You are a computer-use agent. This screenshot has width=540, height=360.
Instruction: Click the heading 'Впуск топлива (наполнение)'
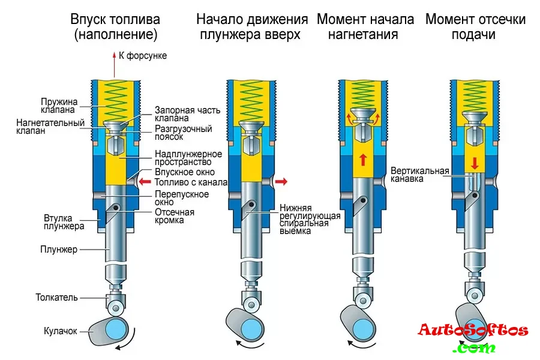point(116,27)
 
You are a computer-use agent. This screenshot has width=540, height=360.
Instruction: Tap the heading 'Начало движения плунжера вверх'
point(252,27)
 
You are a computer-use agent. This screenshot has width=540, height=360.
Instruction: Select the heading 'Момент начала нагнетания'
point(365,27)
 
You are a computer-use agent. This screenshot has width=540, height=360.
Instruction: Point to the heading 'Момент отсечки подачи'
point(475,27)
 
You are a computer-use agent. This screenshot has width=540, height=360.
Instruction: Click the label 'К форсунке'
point(143,56)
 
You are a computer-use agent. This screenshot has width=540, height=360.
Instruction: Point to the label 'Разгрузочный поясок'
point(183,133)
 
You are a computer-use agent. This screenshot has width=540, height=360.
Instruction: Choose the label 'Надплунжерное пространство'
point(188,158)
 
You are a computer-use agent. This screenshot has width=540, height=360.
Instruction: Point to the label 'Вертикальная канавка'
point(419,175)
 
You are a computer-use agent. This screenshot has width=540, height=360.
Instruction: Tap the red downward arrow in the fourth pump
point(475,163)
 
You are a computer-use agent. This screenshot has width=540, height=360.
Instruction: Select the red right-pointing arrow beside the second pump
point(281,181)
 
